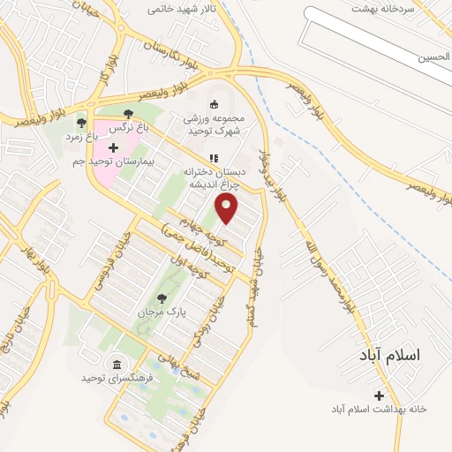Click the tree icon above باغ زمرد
pos(81,123)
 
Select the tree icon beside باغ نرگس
pos(129,114)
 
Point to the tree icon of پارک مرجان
pos(161,298)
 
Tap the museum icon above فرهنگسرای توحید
pos(117,364)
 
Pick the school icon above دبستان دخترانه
pos(212,157)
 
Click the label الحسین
pos(435,57)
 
